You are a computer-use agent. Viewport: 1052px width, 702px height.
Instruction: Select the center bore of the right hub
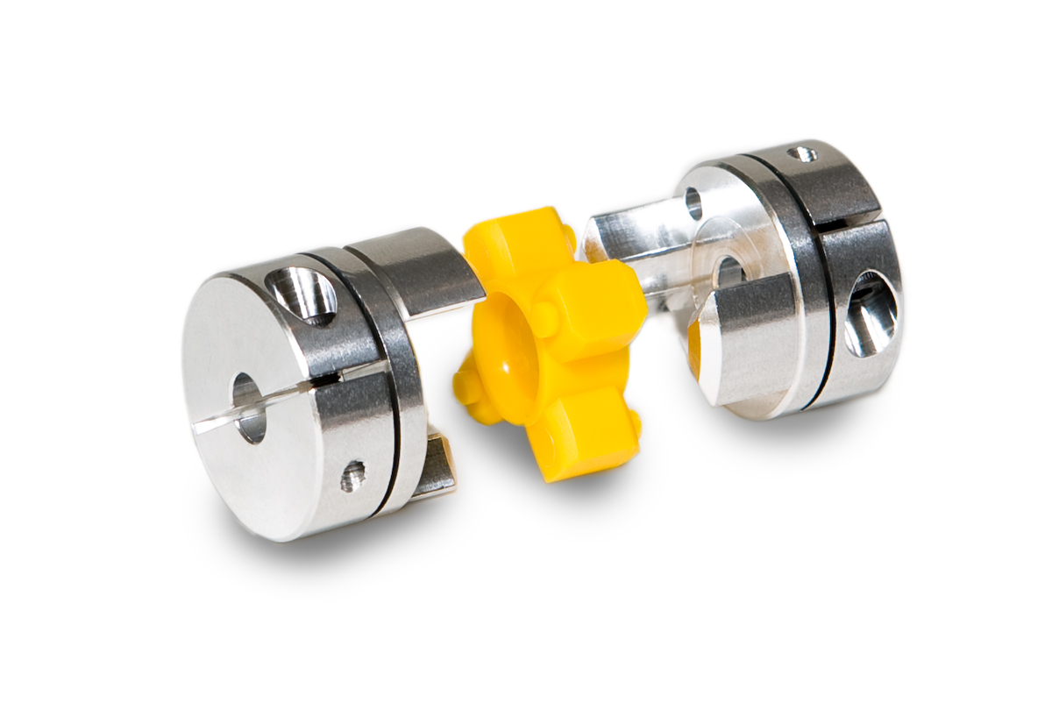(727, 272)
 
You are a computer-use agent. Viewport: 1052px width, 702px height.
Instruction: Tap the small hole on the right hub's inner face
(693, 203)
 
